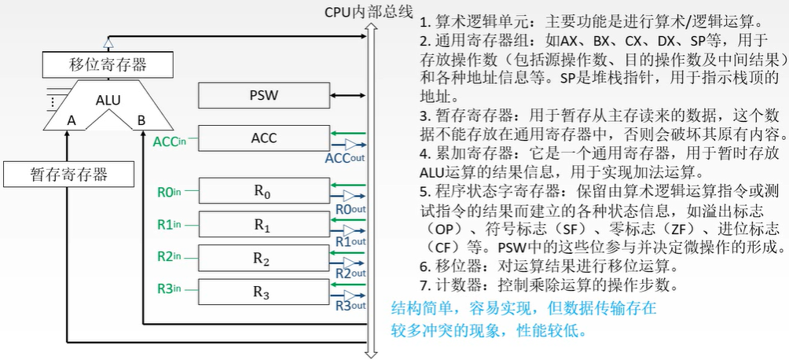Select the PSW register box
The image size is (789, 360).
(263, 96)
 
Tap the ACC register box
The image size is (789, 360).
(263, 138)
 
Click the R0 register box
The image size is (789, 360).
(263, 191)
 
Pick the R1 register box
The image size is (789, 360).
(263, 225)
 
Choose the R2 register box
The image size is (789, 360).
(263, 259)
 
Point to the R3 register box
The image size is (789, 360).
(263, 292)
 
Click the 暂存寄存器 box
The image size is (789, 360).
(68, 174)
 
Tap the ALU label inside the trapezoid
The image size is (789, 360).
(108, 100)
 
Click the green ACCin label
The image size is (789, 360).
(170, 141)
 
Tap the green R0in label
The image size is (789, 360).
(169, 191)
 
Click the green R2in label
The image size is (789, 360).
(169, 256)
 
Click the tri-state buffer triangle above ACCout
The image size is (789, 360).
(349, 145)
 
